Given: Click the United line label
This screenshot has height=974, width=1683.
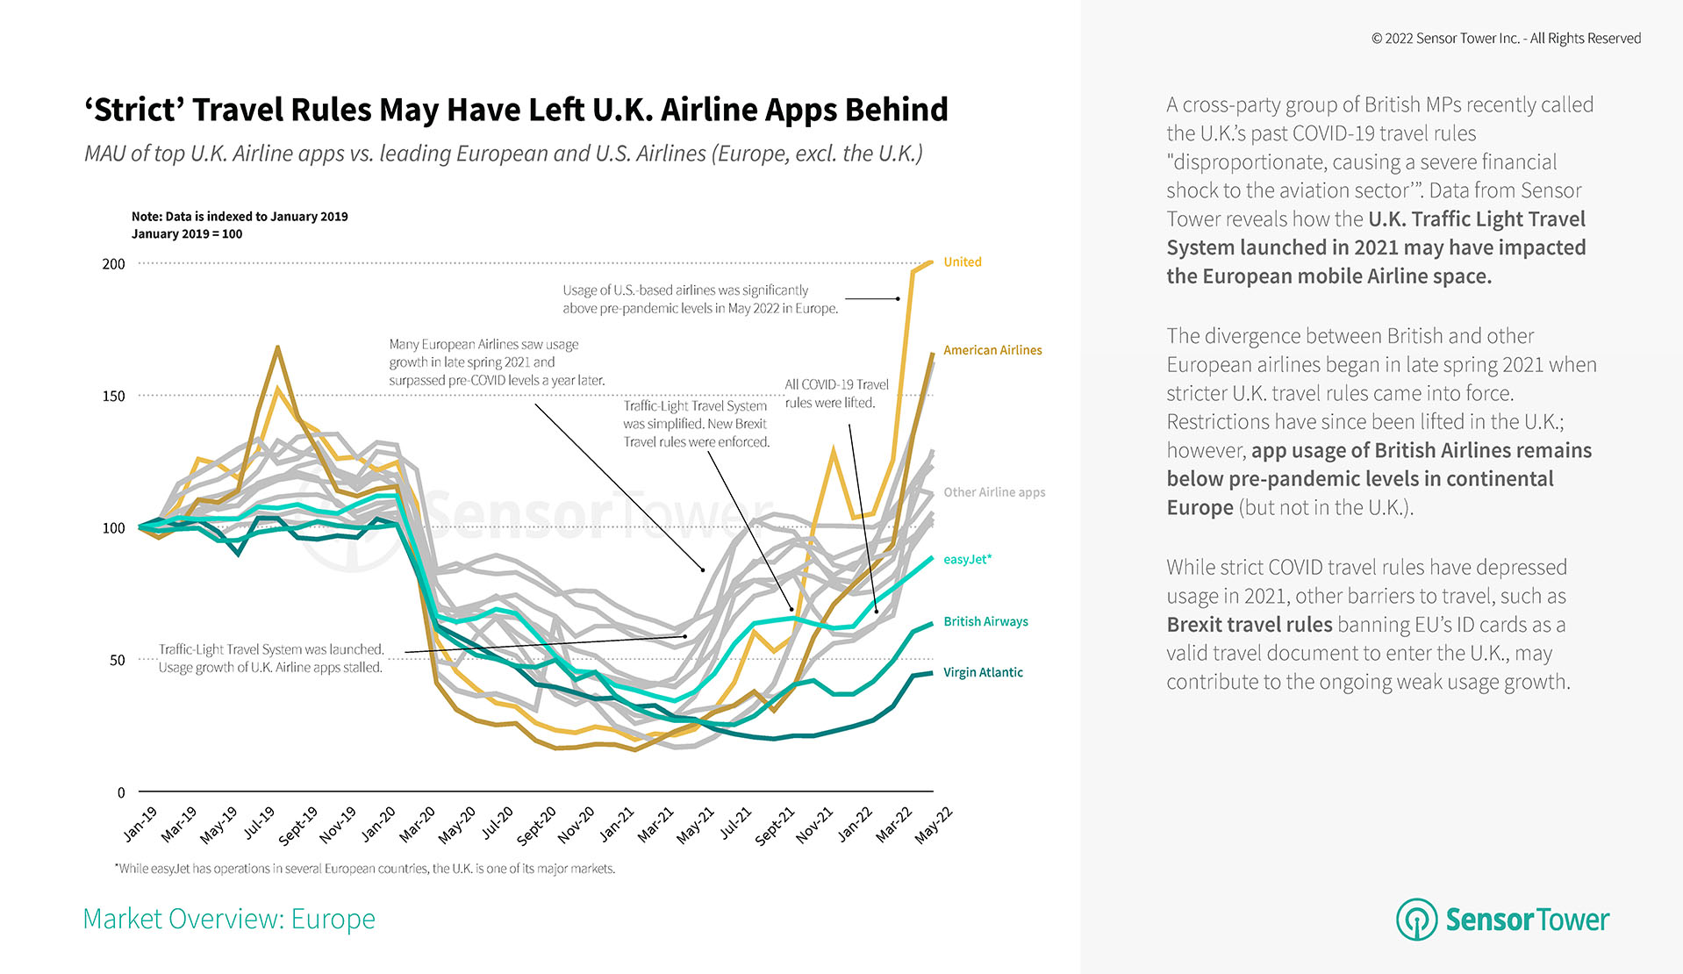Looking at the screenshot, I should pos(962,262).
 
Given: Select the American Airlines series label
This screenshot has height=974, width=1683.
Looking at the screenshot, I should pos(992,350).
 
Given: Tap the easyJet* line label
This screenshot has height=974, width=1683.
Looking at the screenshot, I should pos(967,560).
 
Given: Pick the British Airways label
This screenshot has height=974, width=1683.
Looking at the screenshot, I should pos(985,621).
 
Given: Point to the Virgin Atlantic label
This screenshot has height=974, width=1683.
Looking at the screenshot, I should pos(983,672).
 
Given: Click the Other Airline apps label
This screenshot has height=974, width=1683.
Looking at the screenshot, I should pos(994,492).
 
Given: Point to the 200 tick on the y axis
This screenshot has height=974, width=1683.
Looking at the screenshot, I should pos(114,264).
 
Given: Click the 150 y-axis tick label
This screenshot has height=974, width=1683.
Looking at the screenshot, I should pos(114,396).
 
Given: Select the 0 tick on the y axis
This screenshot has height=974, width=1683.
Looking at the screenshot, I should pos(121,792).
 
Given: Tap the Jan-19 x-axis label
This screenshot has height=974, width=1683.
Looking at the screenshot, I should pos(140,824).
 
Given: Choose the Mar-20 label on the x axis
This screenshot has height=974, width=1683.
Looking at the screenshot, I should pos(418,825).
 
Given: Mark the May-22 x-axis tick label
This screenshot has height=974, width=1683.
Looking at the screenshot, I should pos(934,825).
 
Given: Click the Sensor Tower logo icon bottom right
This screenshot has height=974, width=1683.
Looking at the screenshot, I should pos(1416,919).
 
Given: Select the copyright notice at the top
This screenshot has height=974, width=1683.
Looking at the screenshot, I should pos(1506,39).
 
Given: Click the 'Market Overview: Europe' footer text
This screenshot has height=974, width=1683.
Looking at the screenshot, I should pos(229,919).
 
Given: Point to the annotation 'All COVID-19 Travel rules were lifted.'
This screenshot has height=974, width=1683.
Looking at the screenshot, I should pos(836,394).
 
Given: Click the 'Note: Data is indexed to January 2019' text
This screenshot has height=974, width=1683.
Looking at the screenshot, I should pos(240,217).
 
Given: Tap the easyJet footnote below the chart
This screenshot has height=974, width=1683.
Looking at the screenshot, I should pos(365,869).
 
